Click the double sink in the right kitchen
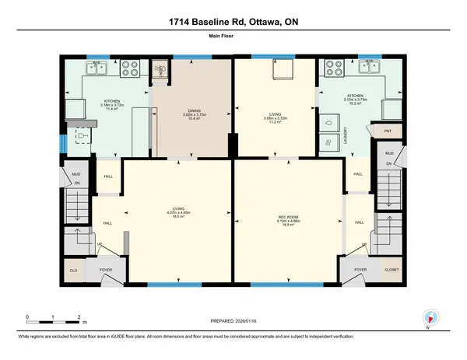click(370, 68)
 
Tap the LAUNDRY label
click(345, 134)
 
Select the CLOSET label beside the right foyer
click(392, 270)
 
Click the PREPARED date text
click(233, 320)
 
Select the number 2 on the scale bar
click(79, 316)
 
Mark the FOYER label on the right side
click(360, 270)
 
